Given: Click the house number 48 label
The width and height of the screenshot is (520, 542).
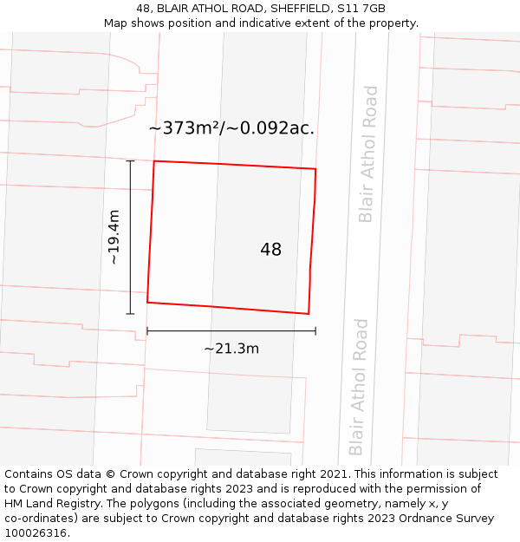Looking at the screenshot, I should point(270,250).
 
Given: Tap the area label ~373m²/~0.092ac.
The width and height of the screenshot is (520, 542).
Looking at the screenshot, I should point(231,128).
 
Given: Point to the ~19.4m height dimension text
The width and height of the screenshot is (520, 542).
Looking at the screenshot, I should point(114,237).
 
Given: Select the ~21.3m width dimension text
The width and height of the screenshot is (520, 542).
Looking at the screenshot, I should point(231,349).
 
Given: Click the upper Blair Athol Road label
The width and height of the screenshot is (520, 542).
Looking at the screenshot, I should point(367,153).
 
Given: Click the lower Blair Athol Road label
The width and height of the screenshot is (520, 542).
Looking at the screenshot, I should point(358,387).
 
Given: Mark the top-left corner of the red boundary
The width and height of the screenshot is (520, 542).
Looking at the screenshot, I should point(154,161).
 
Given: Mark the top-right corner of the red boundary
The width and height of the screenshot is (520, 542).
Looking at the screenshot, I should point(315,169).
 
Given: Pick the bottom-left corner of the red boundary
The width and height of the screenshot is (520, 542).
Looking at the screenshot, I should point(147,302).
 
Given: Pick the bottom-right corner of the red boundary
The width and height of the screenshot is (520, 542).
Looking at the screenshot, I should point(309,313).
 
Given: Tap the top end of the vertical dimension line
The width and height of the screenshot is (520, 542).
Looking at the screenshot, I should point(131,160).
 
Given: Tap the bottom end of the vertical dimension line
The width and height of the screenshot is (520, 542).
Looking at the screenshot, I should point(131,314).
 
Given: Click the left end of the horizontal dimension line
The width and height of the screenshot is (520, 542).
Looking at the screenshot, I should point(147,330).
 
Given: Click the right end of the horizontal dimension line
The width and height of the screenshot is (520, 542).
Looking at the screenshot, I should point(315,330).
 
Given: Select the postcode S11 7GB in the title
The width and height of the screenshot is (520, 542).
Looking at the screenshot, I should point(363,9).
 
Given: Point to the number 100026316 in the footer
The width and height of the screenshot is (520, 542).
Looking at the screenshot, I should point(34,533).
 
